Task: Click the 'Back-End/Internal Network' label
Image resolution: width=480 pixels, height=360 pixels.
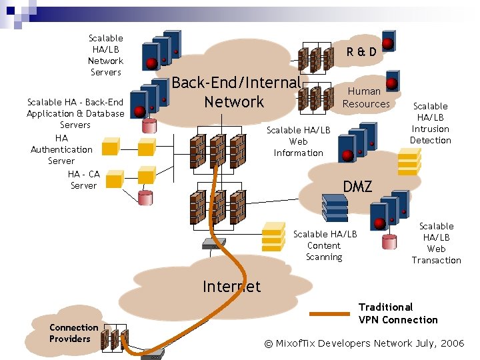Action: click(235, 92)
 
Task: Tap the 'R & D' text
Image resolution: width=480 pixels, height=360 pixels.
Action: click(361, 51)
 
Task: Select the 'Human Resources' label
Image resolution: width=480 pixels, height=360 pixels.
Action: click(365, 97)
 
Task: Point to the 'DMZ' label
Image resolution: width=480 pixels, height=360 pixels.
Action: click(357, 186)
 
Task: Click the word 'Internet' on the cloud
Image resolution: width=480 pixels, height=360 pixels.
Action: click(231, 287)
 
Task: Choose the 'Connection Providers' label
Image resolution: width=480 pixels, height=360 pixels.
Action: click(73, 333)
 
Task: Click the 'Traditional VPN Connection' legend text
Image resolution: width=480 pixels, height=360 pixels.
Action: click(397, 313)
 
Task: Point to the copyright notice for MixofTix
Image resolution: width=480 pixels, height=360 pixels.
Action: click(364, 343)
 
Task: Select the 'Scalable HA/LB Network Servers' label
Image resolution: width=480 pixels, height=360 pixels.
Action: click(105, 55)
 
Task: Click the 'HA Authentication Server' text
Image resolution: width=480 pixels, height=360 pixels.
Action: click(61, 149)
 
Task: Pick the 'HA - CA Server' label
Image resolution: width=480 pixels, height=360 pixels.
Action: click(83, 179)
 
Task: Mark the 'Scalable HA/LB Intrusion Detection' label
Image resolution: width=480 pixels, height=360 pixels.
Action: click(430, 123)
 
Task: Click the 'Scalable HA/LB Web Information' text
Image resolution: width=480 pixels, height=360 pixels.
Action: click(298, 141)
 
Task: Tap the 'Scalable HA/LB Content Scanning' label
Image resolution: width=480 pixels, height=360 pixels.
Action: click(325, 245)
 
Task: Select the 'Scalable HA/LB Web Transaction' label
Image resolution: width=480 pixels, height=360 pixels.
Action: click(436, 243)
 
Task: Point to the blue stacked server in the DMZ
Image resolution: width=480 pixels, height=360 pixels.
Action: click(334, 207)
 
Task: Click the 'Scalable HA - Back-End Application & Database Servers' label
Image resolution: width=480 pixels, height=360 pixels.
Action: click(75, 113)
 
